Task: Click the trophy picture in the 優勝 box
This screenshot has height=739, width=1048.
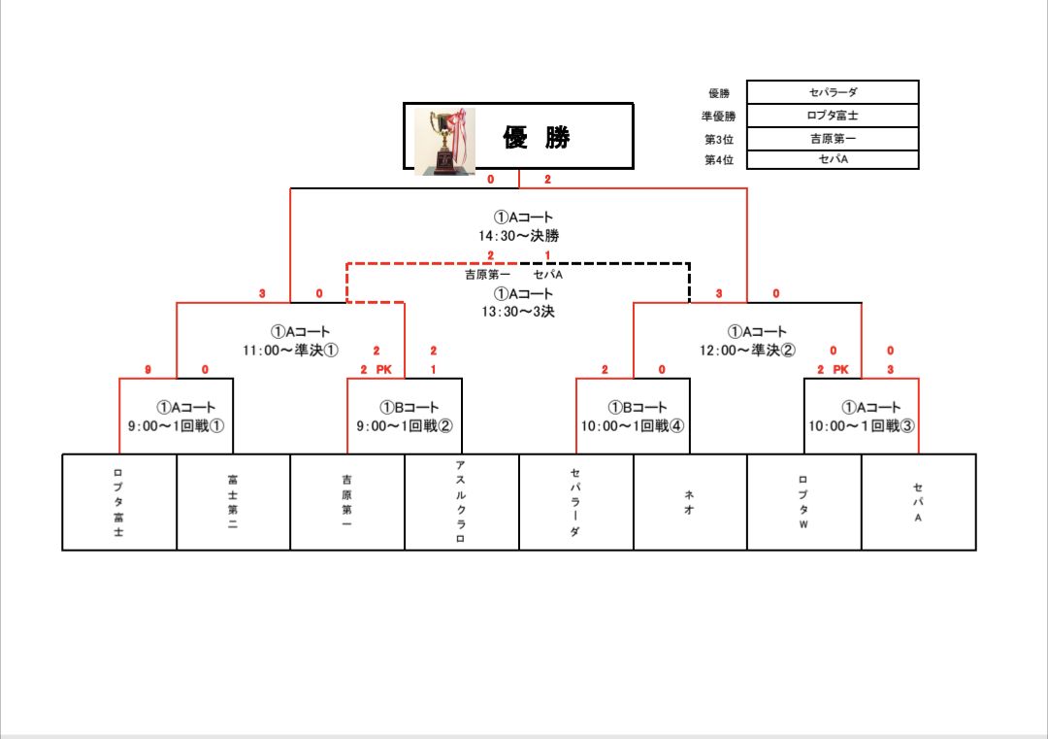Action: (x=445, y=141)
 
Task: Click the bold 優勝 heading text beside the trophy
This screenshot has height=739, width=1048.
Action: (x=536, y=137)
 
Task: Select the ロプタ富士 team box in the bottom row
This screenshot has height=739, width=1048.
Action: (x=119, y=502)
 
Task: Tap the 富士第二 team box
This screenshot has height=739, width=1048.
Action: (x=233, y=502)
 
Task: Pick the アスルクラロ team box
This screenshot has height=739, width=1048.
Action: (x=462, y=502)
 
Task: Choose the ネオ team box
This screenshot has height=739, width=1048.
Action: (x=690, y=502)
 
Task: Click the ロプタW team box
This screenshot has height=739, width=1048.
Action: (x=804, y=502)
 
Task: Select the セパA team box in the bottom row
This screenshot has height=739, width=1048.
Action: (x=918, y=502)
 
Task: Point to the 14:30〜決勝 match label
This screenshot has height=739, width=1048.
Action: (x=518, y=235)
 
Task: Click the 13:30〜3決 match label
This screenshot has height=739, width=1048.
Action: (x=518, y=312)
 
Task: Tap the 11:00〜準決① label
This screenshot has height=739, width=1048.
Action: (x=290, y=350)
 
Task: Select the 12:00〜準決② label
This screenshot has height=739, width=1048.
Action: (x=747, y=350)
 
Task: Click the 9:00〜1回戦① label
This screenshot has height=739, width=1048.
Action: (x=176, y=426)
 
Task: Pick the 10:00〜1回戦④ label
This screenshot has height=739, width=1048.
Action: (x=633, y=426)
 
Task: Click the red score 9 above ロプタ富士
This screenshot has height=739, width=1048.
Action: (x=147, y=369)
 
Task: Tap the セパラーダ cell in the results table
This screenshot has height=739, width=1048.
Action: (x=833, y=92)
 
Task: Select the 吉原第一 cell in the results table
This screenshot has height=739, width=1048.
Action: (x=833, y=139)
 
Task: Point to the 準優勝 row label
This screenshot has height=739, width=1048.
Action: (x=718, y=117)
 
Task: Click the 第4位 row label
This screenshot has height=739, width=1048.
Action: (x=719, y=160)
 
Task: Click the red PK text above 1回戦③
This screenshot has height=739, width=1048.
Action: (x=840, y=369)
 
